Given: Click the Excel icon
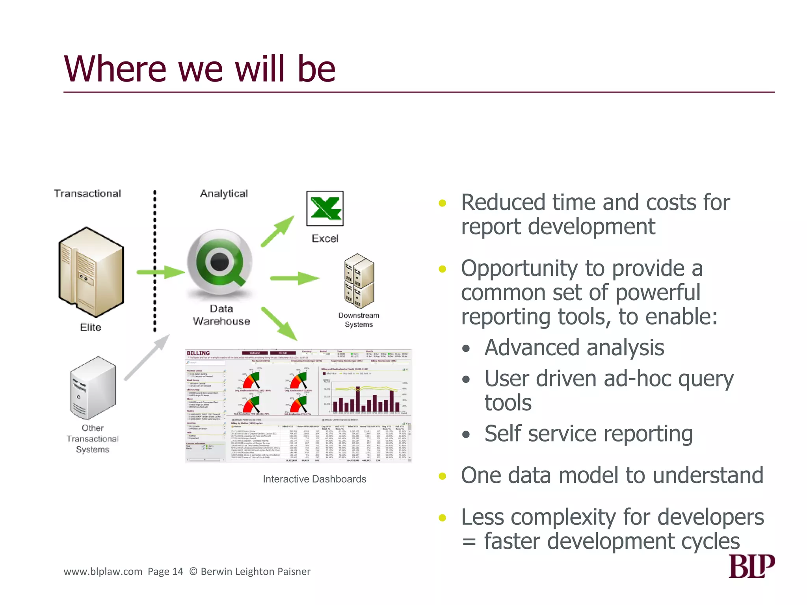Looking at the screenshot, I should tap(325, 208).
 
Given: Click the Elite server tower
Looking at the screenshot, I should tap(91, 272).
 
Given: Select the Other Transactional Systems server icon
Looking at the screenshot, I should tap(93, 388).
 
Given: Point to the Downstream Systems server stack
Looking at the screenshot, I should tap(359, 281).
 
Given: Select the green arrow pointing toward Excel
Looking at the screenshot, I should tap(278, 231).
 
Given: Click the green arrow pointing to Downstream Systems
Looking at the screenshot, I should tap(294, 278).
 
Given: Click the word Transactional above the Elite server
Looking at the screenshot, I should tap(87, 194).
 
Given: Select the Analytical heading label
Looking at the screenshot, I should tap(224, 194).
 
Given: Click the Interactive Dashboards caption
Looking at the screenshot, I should tap(314, 479).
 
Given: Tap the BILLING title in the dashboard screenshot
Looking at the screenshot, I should tap(198, 353).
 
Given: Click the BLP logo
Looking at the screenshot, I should tap(751, 566).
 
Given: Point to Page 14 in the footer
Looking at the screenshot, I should tap(165, 572).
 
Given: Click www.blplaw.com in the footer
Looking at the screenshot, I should tap(103, 572).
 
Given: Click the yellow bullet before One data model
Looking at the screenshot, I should tap(442, 476).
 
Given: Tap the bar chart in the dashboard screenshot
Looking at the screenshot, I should tap(364, 396).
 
